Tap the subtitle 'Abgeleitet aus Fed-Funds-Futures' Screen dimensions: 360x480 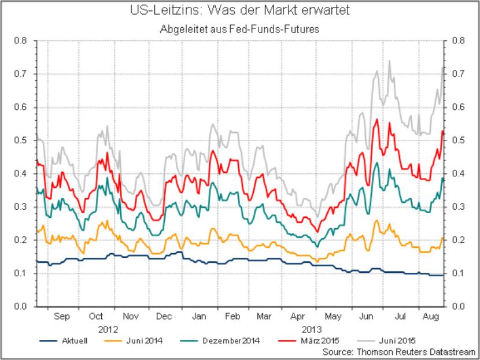click(239, 28)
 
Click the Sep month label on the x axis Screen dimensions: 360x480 click(62, 317)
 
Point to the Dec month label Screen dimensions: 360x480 click(164, 317)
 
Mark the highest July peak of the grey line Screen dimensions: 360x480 click(389, 60)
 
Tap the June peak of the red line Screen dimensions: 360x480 click(376, 120)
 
